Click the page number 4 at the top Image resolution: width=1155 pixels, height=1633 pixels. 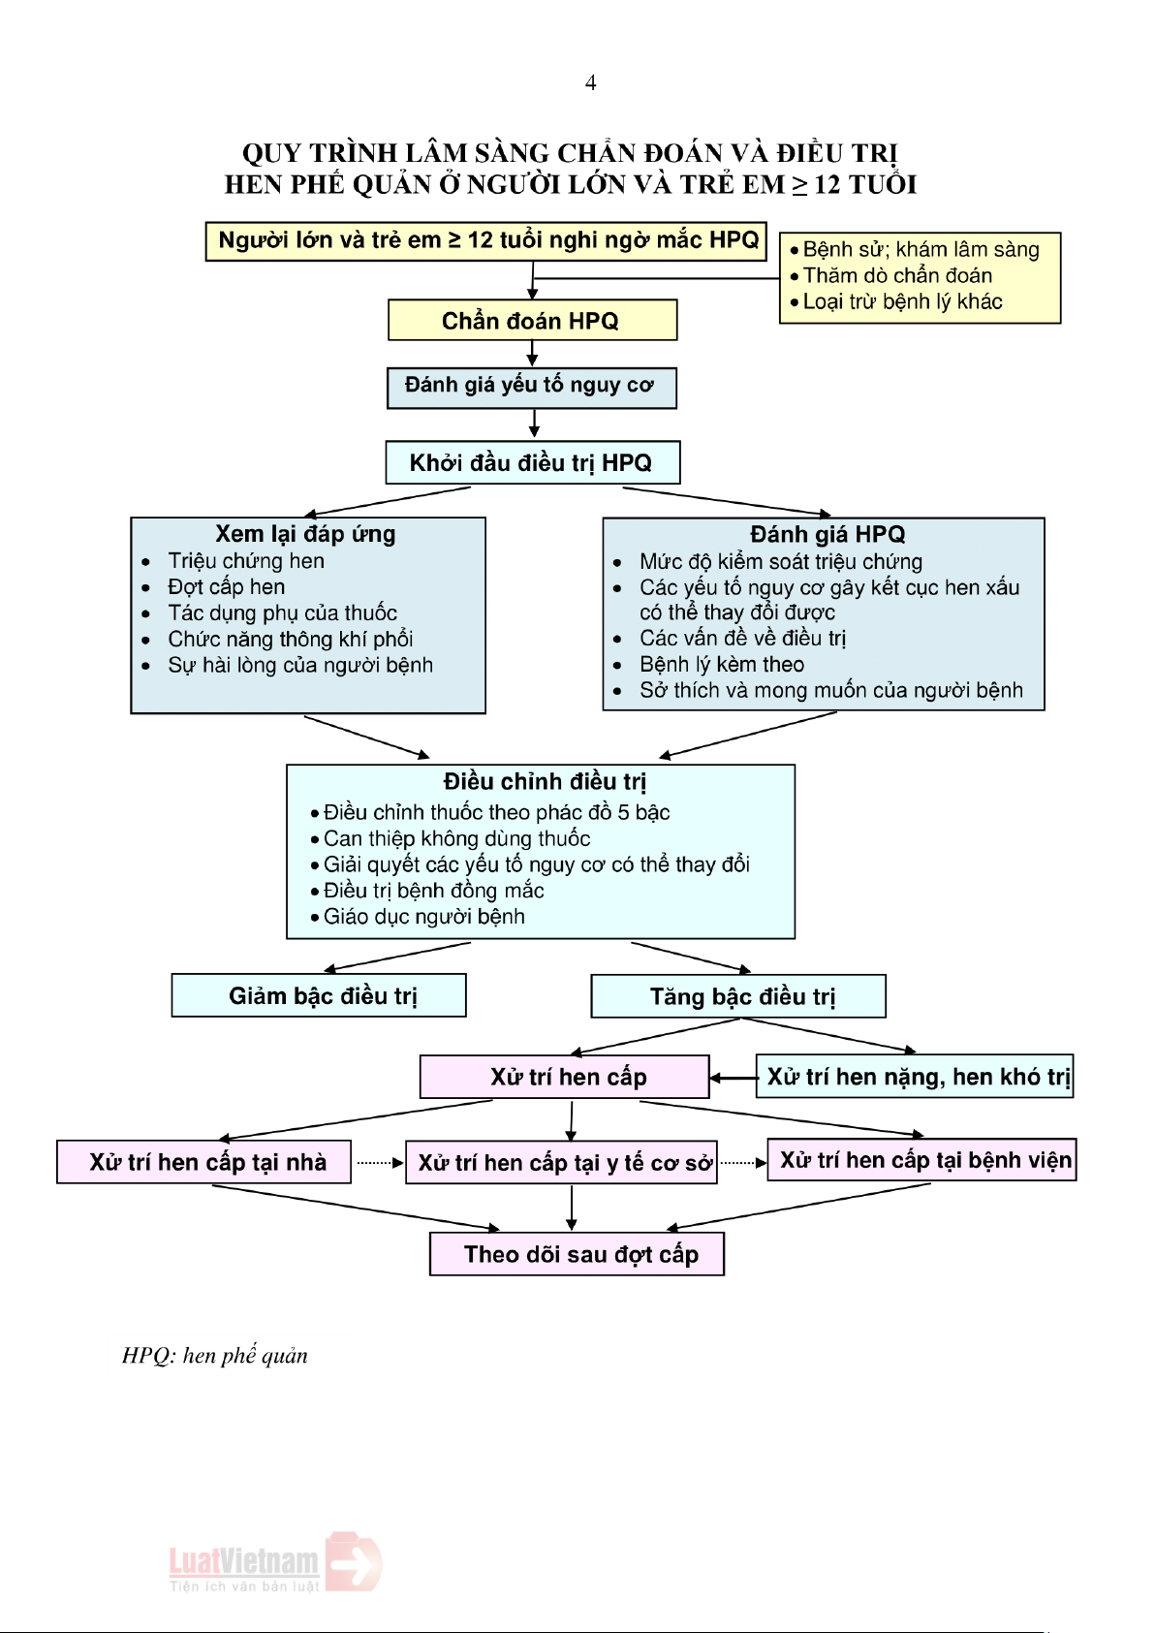pyautogui.click(x=590, y=83)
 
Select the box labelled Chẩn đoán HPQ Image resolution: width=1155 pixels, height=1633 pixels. pyautogui.click(x=531, y=321)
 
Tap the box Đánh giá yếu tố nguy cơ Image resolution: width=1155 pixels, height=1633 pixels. pyautogui.click(x=531, y=387)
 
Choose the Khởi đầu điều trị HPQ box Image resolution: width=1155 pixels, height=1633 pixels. pyautogui.click(x=532, y=463)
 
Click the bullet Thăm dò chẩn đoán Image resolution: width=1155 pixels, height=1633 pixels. pyautogui.click(x=897, y=276)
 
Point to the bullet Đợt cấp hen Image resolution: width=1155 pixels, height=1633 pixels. pyautogui.click(x=226, y=587)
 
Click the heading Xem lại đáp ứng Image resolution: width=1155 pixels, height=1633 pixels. pyautogui.click(x=305, y=534)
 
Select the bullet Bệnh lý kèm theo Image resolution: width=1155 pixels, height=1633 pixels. pyautogui.click(x=721, y=665)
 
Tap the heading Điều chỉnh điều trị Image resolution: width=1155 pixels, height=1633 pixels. pyautogui.click(x=545, y=782)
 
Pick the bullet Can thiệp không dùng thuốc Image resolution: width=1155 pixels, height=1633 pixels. pyautogui.click(x=456, y=839)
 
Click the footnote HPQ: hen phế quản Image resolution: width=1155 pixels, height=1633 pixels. pyautogui.click(x=215, y=1356)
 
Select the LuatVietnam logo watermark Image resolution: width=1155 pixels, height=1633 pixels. pyautogui.click(x=274, y=1562)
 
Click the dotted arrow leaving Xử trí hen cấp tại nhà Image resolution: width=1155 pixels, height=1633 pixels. pyautogui.click(x=379, y=1163)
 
